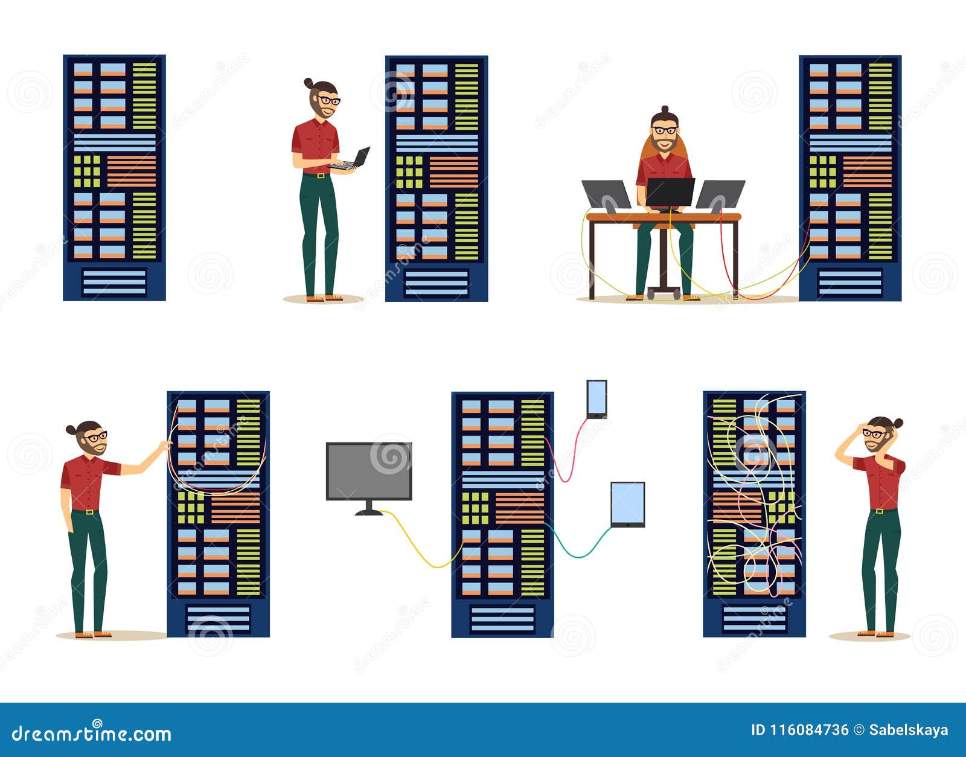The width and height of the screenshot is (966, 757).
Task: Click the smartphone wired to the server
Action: coord(597,398)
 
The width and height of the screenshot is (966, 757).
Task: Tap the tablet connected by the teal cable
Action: coord(628,504)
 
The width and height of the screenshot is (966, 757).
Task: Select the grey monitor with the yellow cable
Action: coord(369,471)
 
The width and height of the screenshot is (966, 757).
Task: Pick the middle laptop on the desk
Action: coord(670,193)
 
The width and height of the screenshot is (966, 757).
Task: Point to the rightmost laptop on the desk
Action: coord(720,194)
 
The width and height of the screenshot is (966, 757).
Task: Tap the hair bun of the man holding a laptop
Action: coord(308,83)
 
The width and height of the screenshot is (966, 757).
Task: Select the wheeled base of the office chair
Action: coord(664,293)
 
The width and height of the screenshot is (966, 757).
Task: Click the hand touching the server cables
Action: coord(164,446)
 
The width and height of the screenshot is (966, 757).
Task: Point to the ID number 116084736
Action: coord(799,730)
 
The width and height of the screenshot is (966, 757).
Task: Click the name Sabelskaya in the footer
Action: coord(908,730)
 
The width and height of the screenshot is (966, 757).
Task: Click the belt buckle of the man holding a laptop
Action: coord(320,176)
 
